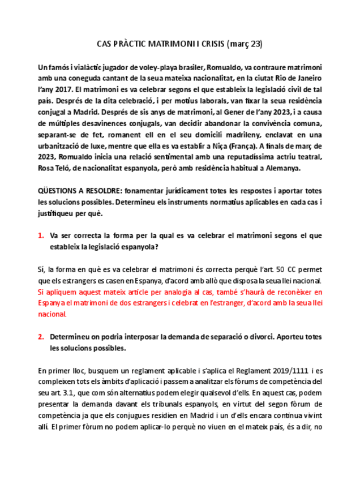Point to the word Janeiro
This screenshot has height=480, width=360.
pyautogui.click(x=306, y=79)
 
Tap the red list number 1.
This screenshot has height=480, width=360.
pyautogui.click(x=41, y=235)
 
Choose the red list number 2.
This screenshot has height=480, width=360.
pyautogui.click(x=41, y=337)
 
